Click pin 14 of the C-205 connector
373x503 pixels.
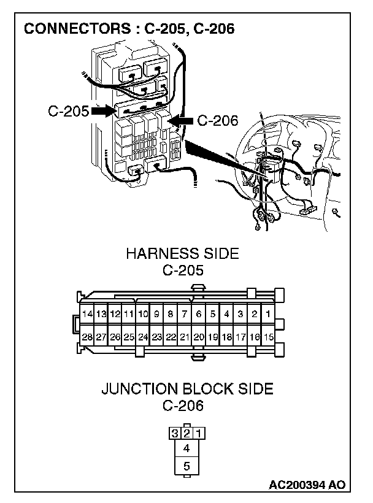point(87,314)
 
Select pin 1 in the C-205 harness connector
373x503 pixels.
point(268,314)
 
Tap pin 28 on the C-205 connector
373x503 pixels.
point(87,337)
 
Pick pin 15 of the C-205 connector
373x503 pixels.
point(268,337)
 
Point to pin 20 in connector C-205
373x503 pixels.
point(199,337)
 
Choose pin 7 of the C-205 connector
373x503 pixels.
point(185,314)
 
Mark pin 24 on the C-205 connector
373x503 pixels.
point(143,337)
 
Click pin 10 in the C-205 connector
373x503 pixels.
point(143,314)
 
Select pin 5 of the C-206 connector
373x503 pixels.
point(186,467)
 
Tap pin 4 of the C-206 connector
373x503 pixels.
point(186,448)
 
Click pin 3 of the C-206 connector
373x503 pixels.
point(175,433)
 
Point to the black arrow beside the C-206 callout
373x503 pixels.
point(182,121)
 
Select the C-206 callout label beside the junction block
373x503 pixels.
point(217,121)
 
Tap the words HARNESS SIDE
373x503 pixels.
point(182,254)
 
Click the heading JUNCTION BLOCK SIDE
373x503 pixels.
point(186,389)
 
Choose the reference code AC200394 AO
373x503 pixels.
point(307,485)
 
